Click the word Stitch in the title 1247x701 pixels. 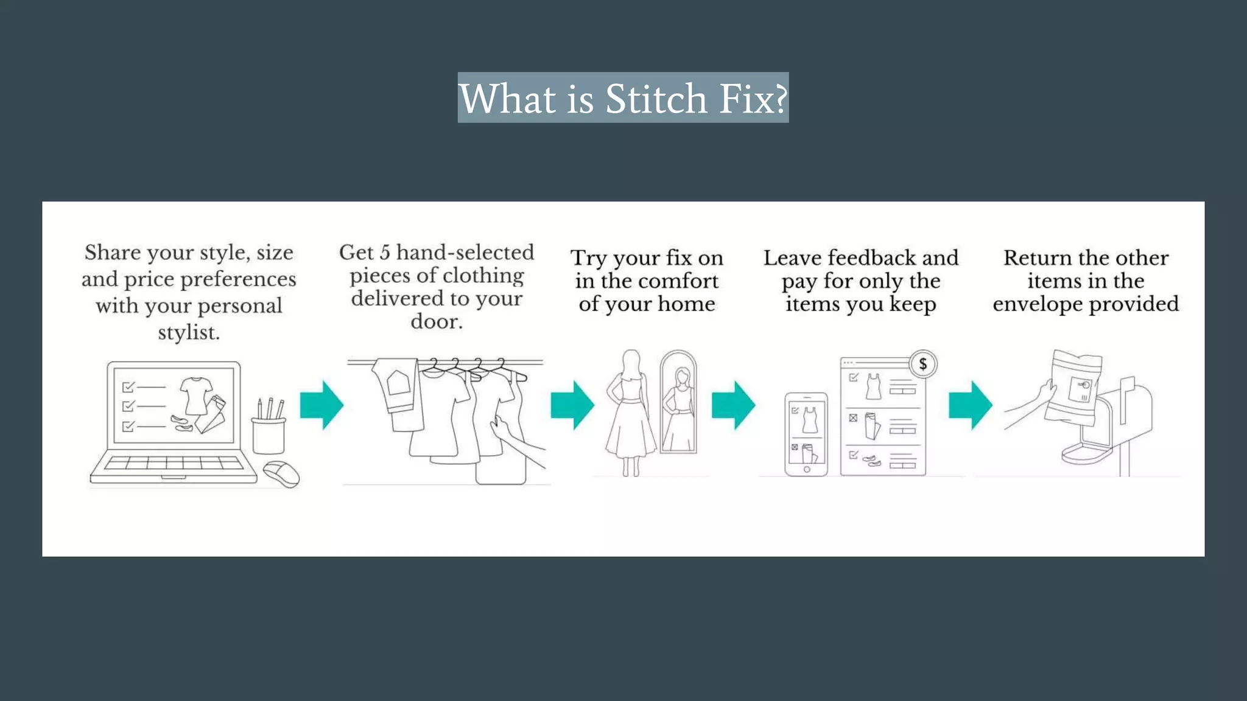tap(656, 99)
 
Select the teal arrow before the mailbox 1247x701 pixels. tap(971, 405)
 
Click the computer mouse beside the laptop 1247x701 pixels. tap(281, 474)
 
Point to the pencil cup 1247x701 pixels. tap(269, 434)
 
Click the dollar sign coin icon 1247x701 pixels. tap(923, 364)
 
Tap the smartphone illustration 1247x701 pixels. tap(806, 434)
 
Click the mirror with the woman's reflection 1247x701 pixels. tap(679, 402)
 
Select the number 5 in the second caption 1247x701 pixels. tap(385, 253)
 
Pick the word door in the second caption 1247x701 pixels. tap(435, 321)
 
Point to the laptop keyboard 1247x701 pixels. tap(174, 464)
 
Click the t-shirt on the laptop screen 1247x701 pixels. tap(197, 394)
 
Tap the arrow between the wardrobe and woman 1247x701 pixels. tap(572, 405)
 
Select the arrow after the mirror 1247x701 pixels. tap(734, 405)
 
